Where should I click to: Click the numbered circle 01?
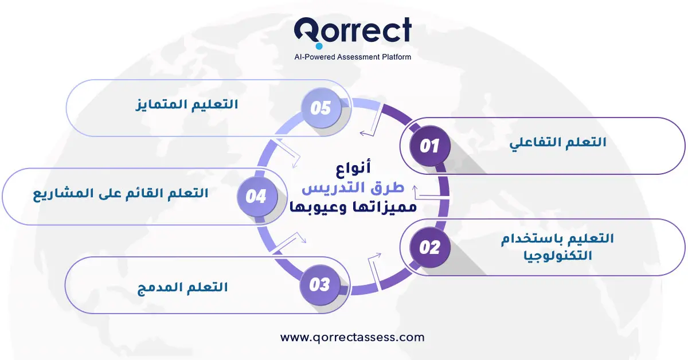point(430,146)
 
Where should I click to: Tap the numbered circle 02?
point(430,248)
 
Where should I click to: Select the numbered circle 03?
point(319,284)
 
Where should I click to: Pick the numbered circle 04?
point(256,197)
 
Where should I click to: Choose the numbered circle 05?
point(320,108)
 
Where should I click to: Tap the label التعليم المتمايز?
point(186,105)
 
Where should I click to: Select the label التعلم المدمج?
point(182,287)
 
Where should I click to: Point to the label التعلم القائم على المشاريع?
point(120,193)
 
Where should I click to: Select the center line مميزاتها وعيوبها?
point(351,207)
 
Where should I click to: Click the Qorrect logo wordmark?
point(352,31)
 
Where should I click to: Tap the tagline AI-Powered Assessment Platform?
point(352,57)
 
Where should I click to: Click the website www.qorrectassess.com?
point(352,337)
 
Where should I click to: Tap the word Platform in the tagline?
point(396,57)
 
